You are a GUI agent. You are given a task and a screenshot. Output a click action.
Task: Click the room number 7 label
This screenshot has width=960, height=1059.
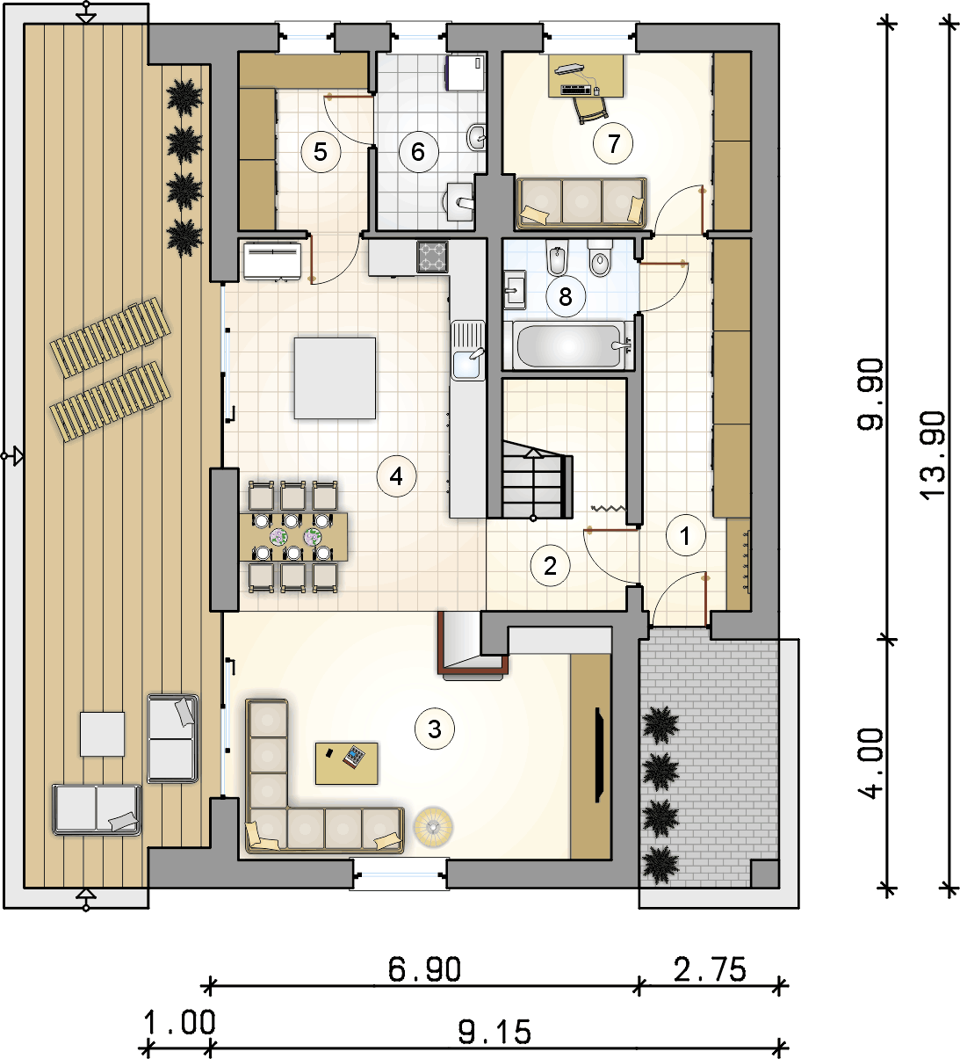[613, 143]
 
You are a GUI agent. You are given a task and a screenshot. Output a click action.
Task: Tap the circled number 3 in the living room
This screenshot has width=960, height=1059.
[435, 729]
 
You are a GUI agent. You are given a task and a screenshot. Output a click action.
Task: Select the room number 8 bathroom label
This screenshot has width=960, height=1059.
[566, 297]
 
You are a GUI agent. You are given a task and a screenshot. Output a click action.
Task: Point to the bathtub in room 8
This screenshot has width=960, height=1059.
[569, 345]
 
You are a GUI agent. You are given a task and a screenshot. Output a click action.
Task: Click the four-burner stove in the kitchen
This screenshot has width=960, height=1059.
[432, 257]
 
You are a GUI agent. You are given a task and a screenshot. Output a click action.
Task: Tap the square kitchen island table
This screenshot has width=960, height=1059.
[336, 378]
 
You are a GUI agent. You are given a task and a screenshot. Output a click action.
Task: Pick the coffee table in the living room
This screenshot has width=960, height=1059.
[346, 764]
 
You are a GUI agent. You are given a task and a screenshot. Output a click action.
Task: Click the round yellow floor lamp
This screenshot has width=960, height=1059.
[433, 827]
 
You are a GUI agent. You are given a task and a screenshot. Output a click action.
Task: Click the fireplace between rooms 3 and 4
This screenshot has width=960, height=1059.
[473, 645]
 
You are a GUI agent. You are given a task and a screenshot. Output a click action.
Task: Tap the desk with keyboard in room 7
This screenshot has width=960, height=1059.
[586, 76]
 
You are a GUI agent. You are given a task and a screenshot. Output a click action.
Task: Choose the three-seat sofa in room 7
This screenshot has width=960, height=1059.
[581, 203]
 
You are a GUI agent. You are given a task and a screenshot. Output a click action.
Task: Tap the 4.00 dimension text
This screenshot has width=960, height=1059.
[870, 764]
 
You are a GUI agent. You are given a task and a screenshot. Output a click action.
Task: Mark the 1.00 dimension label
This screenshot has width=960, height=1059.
[179, 1023]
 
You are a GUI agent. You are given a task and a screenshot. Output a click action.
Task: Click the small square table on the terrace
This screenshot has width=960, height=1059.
[103, 734]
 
